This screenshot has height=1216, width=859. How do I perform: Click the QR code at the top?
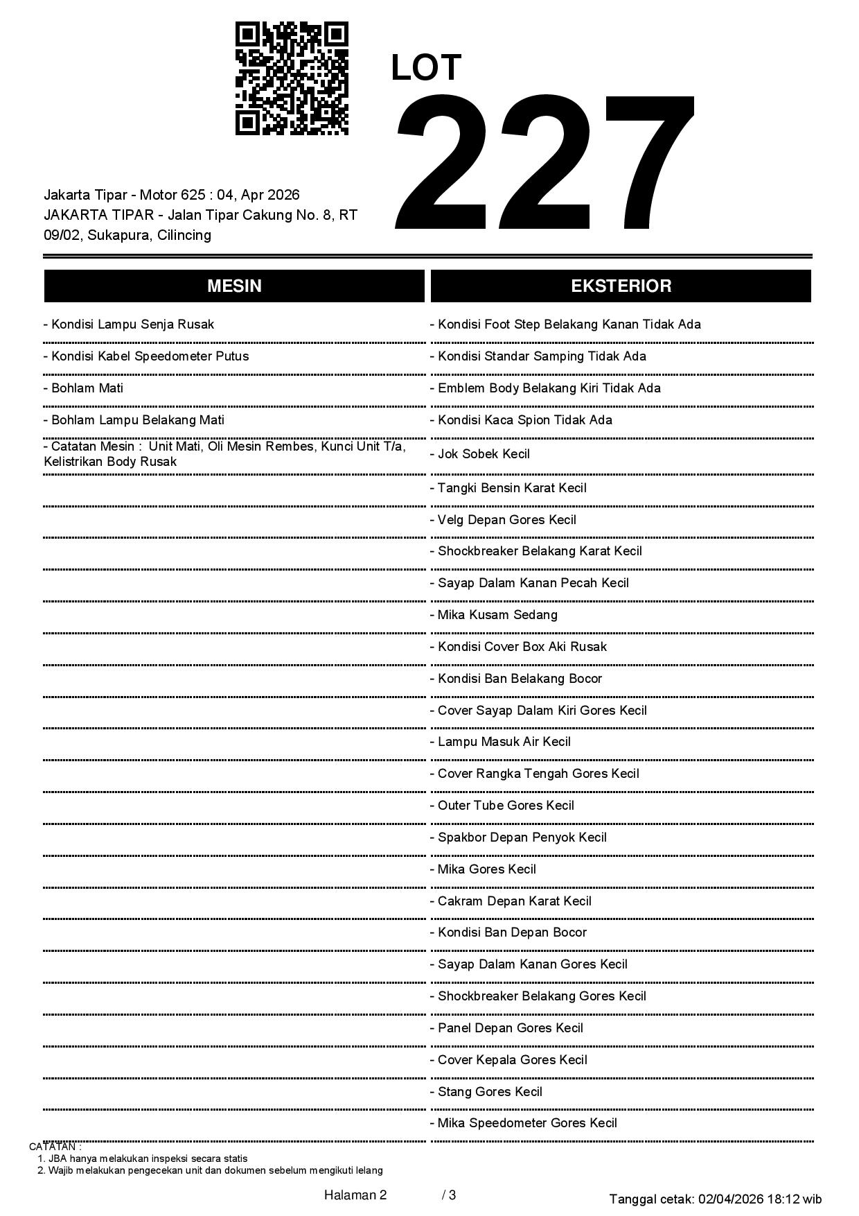[x=292, y=78]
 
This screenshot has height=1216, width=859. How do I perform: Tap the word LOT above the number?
[x=426, y=68]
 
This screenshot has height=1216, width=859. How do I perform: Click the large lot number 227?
[x=544, y=163]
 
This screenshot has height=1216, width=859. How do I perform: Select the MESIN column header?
[x=234, y=286]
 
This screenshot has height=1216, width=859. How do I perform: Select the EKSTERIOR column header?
[x=621, y=286]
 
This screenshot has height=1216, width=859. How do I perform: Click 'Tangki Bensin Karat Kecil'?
[x=512, y=488]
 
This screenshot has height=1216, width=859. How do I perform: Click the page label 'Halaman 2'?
[x=355, y=1195]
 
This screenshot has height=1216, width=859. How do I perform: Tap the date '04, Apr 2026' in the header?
[x=258, y=195]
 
